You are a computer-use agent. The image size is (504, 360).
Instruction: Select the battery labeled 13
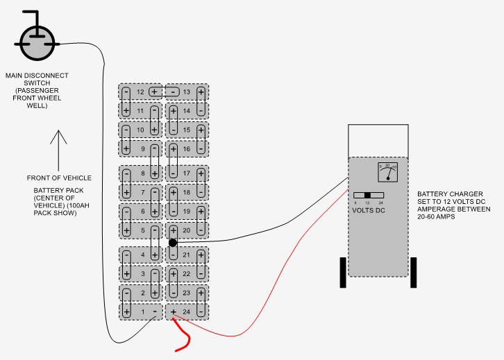click(186, 92)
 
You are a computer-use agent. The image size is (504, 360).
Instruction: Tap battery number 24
click(186, 312)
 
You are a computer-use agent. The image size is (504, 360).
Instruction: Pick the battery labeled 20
click(186, 230)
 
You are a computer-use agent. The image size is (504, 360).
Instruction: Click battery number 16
click(186, 148)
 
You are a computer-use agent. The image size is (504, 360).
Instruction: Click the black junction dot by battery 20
click(173, 243)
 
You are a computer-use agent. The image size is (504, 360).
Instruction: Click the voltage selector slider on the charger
click(368, 195)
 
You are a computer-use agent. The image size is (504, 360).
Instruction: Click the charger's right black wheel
click(413, 272)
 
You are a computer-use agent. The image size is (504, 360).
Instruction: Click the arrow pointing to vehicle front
click(58, 146)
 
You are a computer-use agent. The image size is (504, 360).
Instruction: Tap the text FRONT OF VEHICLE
click(59, 178)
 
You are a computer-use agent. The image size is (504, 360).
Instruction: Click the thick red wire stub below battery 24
click(183, 339)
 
